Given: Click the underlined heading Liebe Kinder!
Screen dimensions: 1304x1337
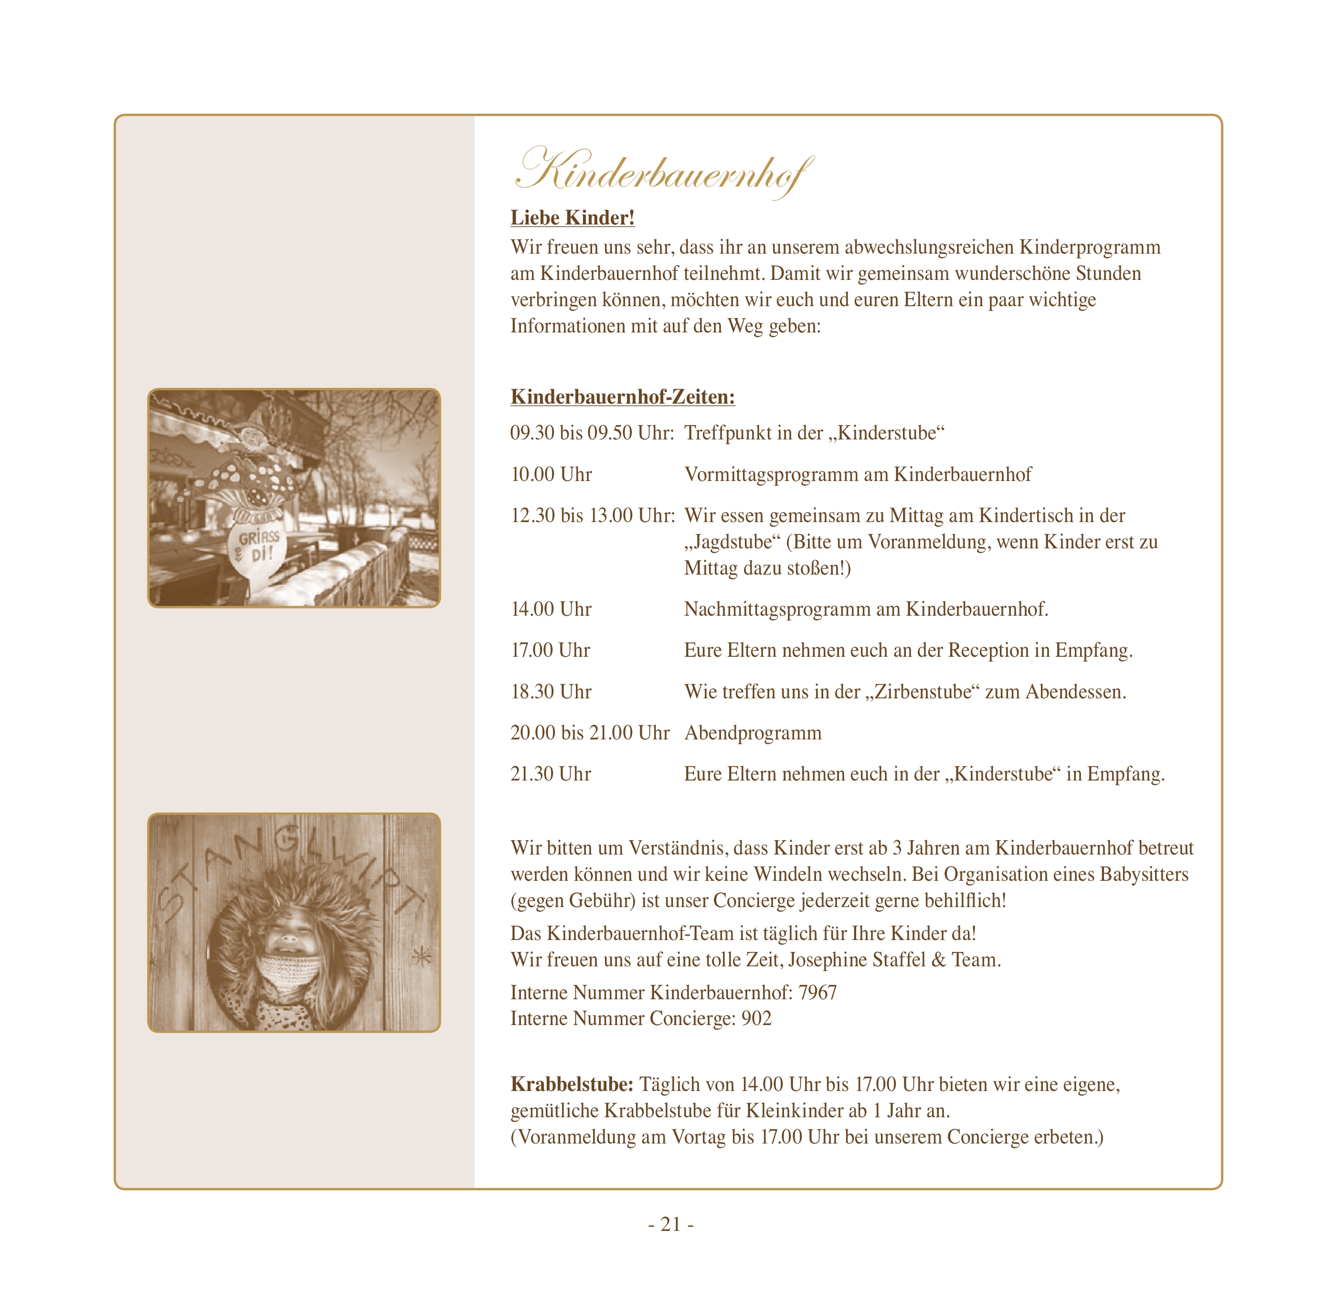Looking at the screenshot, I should point(573,218).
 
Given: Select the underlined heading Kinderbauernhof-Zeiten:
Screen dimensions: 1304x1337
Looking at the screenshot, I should point(622,396).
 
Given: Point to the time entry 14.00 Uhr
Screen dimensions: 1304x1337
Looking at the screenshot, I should point(551,609).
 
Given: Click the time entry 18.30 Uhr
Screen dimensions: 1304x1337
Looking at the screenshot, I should point(551,692).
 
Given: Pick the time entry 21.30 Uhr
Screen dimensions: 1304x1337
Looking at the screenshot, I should point(551,774).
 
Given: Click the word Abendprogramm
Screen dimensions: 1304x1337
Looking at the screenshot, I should point(753,733).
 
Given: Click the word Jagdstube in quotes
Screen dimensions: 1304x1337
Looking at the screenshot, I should point(732,542).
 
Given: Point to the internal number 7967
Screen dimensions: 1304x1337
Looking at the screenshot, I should point(817,993).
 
